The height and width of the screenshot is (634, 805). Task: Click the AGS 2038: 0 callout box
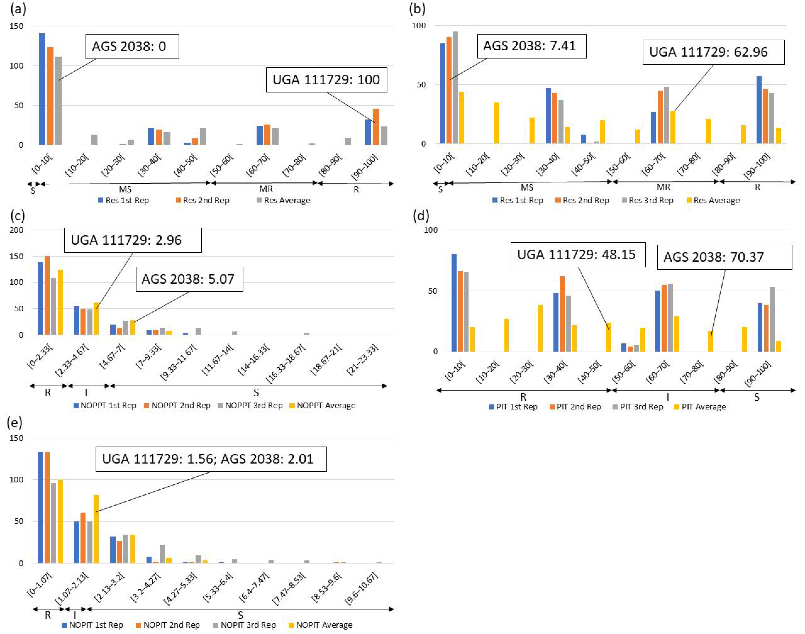click(x=132, y=47)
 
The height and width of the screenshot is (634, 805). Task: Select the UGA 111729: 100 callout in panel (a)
click(x=326, y=80)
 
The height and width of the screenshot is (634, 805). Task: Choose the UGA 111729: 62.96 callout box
click(x=713, y=52)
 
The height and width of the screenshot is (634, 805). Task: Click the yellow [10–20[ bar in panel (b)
click(x=497, y=123)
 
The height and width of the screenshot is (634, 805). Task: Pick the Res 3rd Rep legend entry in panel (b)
click(x=648, y=200)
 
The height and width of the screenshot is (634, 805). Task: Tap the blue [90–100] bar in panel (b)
click(x=759, y=110)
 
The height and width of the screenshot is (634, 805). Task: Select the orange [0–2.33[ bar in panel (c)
click(x=47, y=296)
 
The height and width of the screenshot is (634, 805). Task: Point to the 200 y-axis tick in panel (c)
click(x=16, y=230)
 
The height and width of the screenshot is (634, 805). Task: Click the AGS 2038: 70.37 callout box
click(x=724, y=257)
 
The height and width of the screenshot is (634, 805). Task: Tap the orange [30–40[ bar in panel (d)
click(x=562, y=314)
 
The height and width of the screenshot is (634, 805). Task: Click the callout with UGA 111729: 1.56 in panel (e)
click(x=211, y=459)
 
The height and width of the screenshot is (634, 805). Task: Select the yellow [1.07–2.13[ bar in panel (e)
click(x=96, y=529)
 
